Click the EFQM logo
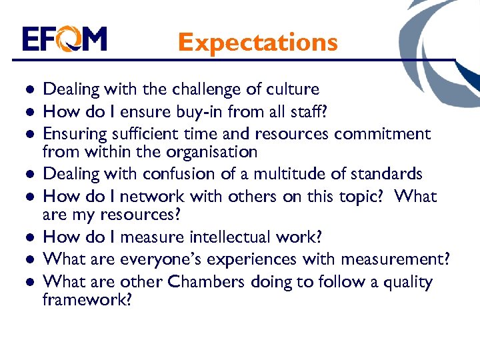(x=64, y=39)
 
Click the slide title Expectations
(x=258, y=42)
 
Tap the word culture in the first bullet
(x=291, y=89)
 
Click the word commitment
(x=383, y=134)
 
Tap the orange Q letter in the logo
(x=67, y=39)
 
